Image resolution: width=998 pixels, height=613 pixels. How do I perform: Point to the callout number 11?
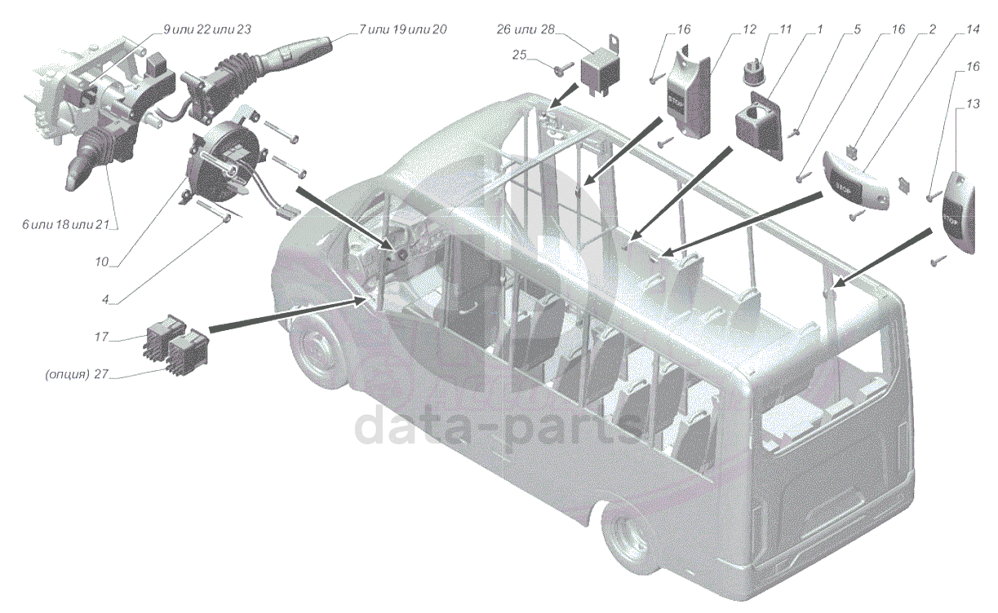click(785, 29)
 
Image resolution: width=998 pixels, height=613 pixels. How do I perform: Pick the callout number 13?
click(972, 104)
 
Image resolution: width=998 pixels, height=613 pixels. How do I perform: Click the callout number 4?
click(106, 300)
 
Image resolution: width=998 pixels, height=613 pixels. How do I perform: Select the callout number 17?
click(101, 335)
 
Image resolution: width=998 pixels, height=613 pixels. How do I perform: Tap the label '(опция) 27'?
click(78, 375)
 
